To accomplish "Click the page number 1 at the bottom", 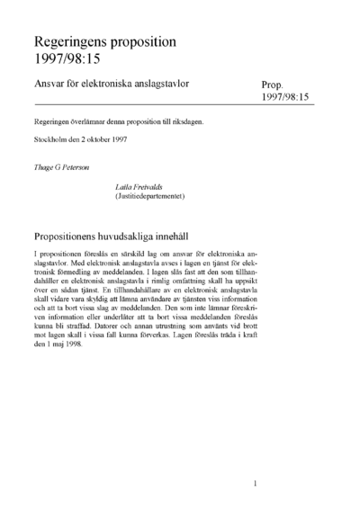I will (256, 483).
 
